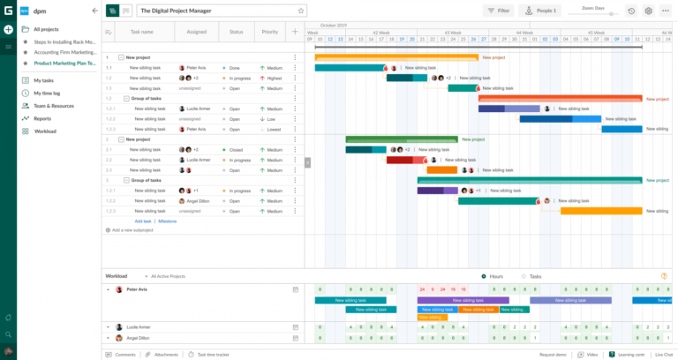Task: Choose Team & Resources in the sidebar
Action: [x=54, y=105]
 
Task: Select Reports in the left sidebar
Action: [x=42, y=118]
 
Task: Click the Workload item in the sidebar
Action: [x=45, y=131]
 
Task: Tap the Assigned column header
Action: [x=197, y=32]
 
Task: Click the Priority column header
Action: [x=268, y=32]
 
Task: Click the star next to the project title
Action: [x=301, y=11]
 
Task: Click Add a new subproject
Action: [x=130, y=230]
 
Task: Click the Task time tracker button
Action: [x=213, y=355]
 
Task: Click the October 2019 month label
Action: [x=334, y=26]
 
